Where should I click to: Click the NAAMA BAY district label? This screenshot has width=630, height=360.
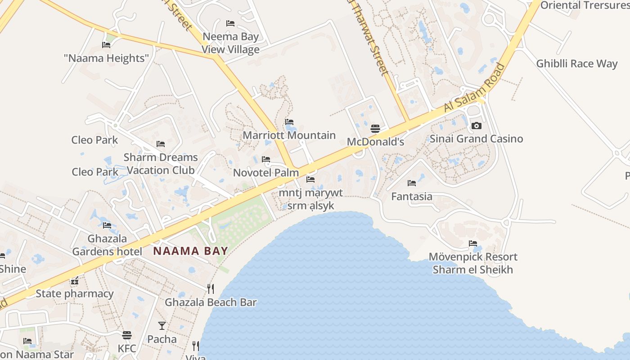pos(191,251)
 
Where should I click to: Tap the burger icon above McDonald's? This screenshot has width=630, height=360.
pos(375,129)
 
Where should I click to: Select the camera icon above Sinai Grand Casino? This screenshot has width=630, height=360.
pos(476,126)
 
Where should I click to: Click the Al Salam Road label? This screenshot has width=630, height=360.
pos(474,88)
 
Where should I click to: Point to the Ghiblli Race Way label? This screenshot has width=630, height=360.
pos(576,63)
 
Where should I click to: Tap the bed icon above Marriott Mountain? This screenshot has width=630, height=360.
pos(289,122)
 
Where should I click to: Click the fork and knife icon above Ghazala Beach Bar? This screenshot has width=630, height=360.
pos(210,288)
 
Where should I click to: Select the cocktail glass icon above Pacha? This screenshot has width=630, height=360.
pos(162,325)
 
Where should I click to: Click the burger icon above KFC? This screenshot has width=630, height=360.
pos(127,335)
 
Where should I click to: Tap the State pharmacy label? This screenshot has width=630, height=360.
pos(75,294)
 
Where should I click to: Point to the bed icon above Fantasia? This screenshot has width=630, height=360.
pos(411,183)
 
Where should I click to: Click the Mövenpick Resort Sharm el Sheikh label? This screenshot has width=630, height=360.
pos(473,263)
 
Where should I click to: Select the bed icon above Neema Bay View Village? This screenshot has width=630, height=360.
pos(230,23)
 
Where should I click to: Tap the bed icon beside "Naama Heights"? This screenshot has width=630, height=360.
pos(106,45)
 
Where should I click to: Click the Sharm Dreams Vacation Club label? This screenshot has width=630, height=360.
pos(161,164)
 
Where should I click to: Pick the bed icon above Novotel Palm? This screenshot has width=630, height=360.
pos(266,159)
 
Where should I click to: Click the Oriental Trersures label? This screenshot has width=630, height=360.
pos(585,5)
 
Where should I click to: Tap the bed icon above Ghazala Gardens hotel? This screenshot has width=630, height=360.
pos(107,225)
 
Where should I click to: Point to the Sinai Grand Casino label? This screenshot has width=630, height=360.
pos(476,139)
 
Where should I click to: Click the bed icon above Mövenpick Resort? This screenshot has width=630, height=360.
pos(472,243)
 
